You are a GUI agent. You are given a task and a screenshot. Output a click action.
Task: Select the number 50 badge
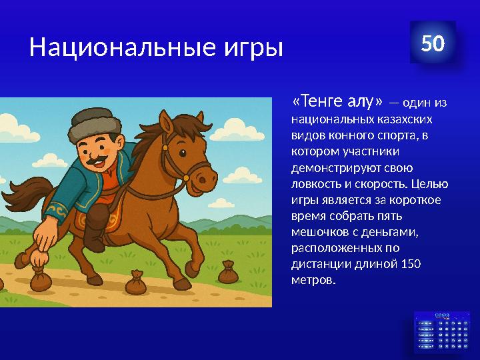click(x=433, y=43)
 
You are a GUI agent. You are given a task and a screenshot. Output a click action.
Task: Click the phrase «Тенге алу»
click(x=337, y=101)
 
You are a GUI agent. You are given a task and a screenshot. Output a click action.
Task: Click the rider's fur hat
click(x=93, y=121)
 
